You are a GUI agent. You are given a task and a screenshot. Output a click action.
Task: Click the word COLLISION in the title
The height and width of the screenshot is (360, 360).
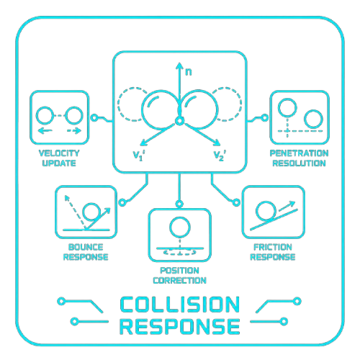click(180, 305)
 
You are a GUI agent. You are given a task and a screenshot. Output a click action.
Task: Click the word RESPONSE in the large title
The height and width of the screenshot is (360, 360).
click(180, 326)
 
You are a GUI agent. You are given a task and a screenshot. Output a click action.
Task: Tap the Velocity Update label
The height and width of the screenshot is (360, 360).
click(59, 158)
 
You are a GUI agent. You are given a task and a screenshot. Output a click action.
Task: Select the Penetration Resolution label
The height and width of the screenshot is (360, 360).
click(299, 158)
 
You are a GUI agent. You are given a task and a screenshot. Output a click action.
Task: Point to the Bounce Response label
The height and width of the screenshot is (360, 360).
click(86, 252)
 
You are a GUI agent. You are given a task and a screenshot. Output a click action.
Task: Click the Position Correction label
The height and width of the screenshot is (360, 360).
click(180, 275)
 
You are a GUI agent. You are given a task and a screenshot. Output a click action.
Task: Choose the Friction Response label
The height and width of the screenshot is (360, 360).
click(273, 252)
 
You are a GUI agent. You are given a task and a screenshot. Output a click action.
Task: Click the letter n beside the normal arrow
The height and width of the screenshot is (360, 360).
click(189, 72)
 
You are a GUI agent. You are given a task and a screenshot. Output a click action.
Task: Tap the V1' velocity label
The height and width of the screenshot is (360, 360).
click(139, 156)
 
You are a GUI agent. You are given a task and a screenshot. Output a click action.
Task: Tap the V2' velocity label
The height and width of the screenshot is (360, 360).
click(220, 156)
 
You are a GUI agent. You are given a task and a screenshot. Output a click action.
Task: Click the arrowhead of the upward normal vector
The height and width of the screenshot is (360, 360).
click(179, 66)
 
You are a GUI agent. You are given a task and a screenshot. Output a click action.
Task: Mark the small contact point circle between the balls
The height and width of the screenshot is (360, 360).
click(179, 121)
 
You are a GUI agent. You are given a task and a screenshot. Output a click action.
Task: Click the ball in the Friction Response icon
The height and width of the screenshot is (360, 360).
click(266, 211)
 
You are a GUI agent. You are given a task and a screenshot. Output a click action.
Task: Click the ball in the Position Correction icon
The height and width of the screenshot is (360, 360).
click(180, 227)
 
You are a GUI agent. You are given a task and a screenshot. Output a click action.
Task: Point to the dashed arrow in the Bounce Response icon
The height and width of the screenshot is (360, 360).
click(75, 212)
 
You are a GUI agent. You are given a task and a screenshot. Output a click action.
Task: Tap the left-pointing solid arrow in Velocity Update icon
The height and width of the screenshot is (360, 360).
click(45, 131)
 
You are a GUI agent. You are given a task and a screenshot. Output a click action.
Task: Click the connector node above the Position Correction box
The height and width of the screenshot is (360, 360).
click(179, 204)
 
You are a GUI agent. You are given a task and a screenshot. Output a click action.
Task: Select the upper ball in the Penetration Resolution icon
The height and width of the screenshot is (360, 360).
click(287, 108)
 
